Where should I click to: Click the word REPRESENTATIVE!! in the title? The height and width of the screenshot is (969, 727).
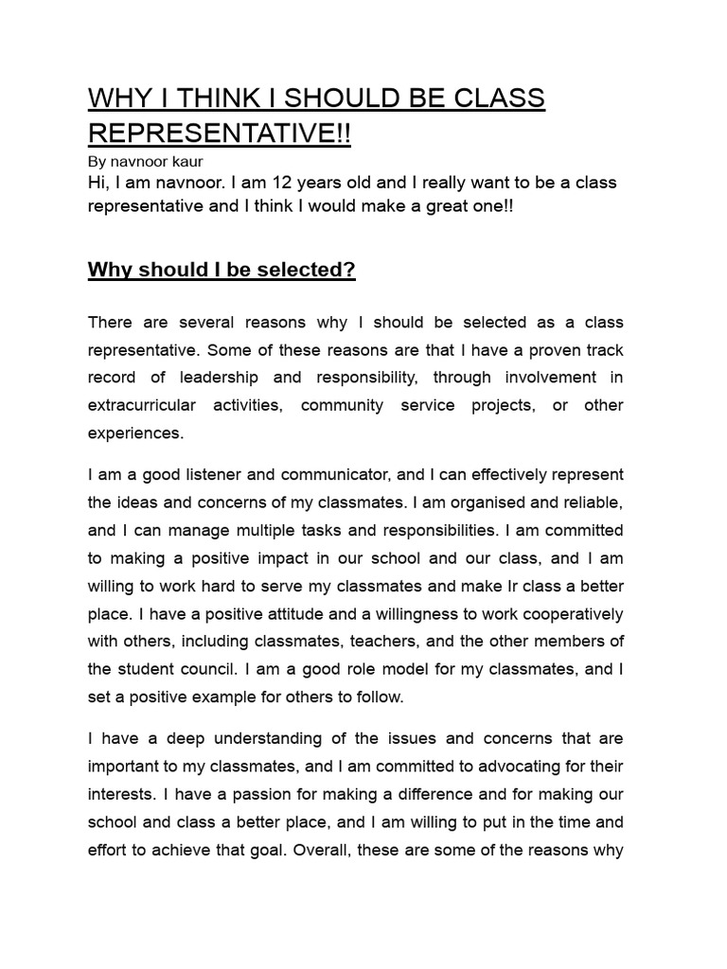[219, 132]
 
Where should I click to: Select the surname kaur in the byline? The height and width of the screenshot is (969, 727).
[185, 162]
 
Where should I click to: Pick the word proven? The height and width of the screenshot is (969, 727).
[535, 350]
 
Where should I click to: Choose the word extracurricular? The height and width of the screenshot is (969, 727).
[142, 405]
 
